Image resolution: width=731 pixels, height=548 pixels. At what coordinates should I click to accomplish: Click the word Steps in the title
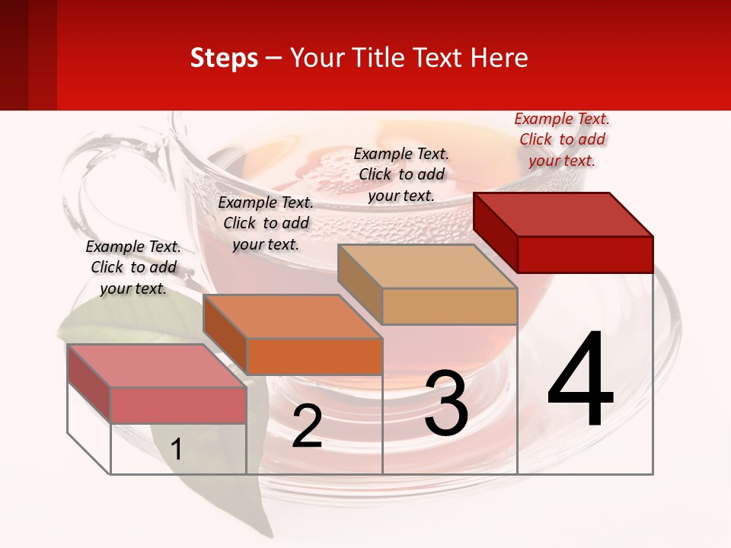tap(224, 58)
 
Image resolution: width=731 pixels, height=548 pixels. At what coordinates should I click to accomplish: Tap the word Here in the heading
tap(499, 58)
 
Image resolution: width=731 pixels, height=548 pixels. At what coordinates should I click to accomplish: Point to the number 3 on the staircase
tap(445, 403)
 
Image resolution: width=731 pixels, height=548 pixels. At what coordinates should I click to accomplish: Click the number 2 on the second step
tap(307, 427)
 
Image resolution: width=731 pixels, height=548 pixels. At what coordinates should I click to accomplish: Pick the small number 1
tap(177, 450)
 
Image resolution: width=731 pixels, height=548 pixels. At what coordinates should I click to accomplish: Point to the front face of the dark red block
tap(585, 254)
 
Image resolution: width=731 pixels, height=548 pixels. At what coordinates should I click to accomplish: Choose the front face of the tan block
tap(449, 307)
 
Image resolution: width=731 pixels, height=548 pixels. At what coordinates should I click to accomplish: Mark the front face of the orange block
tap(314, 356)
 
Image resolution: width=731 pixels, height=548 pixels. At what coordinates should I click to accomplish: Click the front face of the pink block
tap(179, 405)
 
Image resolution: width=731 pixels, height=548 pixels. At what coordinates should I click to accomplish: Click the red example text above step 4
tap(562, 139)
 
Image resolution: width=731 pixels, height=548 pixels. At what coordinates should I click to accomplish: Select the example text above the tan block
tap(401, 174)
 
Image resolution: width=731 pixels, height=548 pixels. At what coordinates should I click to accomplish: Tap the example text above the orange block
tap(266, 223)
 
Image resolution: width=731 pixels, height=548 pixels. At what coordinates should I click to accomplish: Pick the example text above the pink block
tap(133, 267)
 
